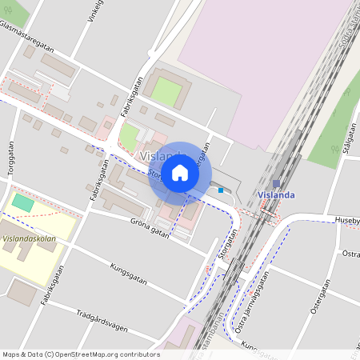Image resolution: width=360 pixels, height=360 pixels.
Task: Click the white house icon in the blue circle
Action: pyautogui.click(x=180, y=172)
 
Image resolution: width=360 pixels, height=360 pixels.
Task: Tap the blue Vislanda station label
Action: pyautogui.click(x=276, y=195)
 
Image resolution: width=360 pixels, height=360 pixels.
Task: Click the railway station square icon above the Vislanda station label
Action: pyautogui.click(x=276, y=184)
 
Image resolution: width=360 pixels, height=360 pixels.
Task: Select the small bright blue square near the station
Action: pyautogui.click(x=221, y=190)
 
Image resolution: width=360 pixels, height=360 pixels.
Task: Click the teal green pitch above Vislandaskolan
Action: pyautogui.click(x=23, y=203)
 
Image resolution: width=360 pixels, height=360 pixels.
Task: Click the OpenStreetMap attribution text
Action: pyautogui.click(x=81, y=354)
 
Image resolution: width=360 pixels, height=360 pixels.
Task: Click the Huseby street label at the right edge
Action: pyautogui.click(x=347, y=219)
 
